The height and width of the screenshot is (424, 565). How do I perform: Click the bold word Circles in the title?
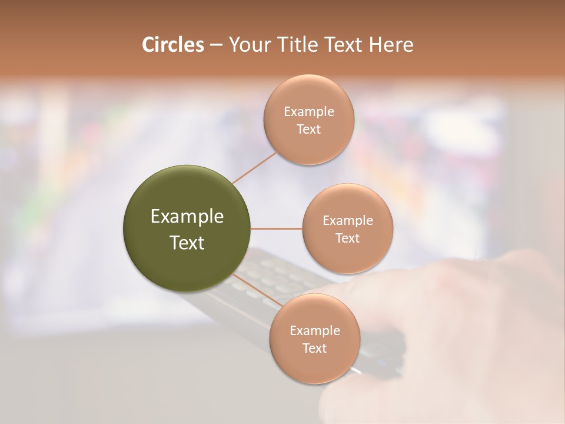tap(173, 45)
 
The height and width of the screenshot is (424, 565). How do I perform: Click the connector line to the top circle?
tap(254, 167)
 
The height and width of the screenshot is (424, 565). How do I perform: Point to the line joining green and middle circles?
tap(277, 228)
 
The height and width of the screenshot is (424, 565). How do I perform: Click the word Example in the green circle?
tap(187, 217)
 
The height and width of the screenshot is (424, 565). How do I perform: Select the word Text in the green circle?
tap(187, 243)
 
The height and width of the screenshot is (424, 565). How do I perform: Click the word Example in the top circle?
tap(308, 112)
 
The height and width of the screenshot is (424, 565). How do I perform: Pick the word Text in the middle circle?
tap(347, 238)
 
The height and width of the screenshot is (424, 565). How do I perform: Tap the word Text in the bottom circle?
tap(314, 349)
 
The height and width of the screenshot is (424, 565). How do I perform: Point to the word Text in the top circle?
tap(308, 130)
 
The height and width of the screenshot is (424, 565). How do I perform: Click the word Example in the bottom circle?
tap(314, 331)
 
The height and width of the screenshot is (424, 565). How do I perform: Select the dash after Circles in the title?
tap(216, 45)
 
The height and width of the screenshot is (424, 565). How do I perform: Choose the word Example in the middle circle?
tap(347, 221)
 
